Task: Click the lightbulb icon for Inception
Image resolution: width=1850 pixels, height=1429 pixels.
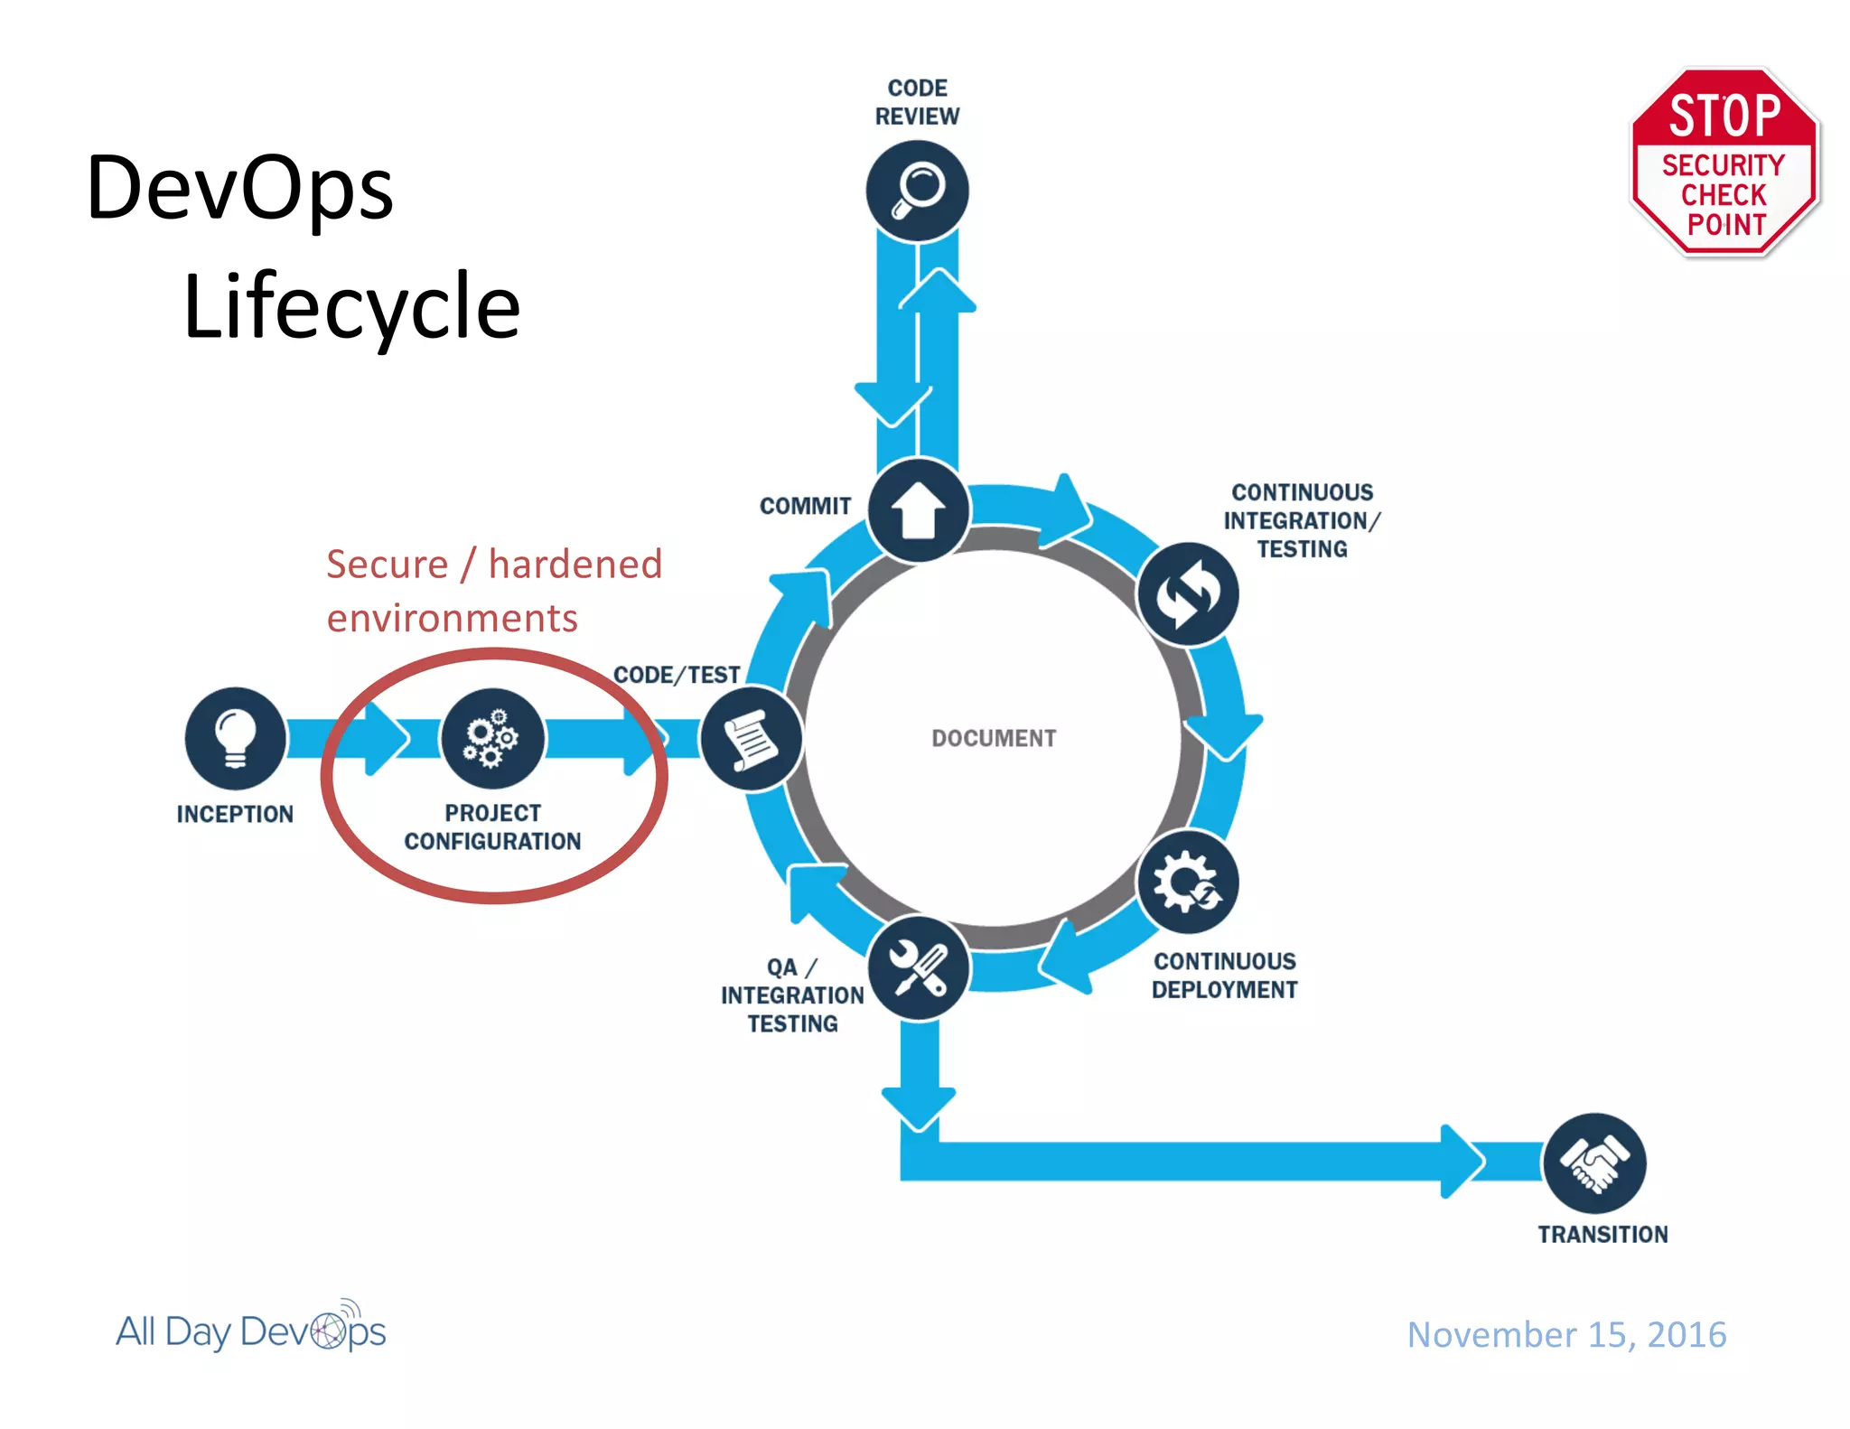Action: [236, 738]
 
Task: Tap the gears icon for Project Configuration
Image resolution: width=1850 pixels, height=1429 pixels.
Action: [492, 738]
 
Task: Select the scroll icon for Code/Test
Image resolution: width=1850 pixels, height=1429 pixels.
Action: [752, 739]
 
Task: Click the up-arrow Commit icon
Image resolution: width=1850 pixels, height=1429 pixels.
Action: [919, 510]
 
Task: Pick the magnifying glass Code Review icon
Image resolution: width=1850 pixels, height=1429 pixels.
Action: [917, 191]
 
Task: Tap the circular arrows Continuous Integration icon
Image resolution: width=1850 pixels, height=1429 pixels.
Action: [1188, 594]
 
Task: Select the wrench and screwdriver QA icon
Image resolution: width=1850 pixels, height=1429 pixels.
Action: [919, 967]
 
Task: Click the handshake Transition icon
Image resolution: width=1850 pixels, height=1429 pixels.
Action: [1594, 1163]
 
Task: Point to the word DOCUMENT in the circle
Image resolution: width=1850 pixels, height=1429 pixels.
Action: [994, 738]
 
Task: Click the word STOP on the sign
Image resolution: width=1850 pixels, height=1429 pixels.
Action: [1724, 116]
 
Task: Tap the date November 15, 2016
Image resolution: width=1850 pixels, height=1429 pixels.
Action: [1566, 1334]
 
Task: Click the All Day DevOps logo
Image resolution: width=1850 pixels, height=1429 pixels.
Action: [251, 1330]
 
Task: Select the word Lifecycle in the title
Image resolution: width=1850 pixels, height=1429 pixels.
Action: [351, 307]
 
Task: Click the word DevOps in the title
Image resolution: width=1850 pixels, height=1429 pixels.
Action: [240, 188]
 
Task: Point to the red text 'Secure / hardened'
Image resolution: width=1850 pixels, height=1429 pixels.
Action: [494, 565]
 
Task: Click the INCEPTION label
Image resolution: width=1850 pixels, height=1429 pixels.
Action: [235, 814]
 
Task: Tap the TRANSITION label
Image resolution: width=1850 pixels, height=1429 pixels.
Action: [1602, 1234]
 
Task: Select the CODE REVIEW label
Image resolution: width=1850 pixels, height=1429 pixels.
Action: [917, 102]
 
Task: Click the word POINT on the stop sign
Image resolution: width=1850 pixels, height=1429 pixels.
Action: [1726, 224]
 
